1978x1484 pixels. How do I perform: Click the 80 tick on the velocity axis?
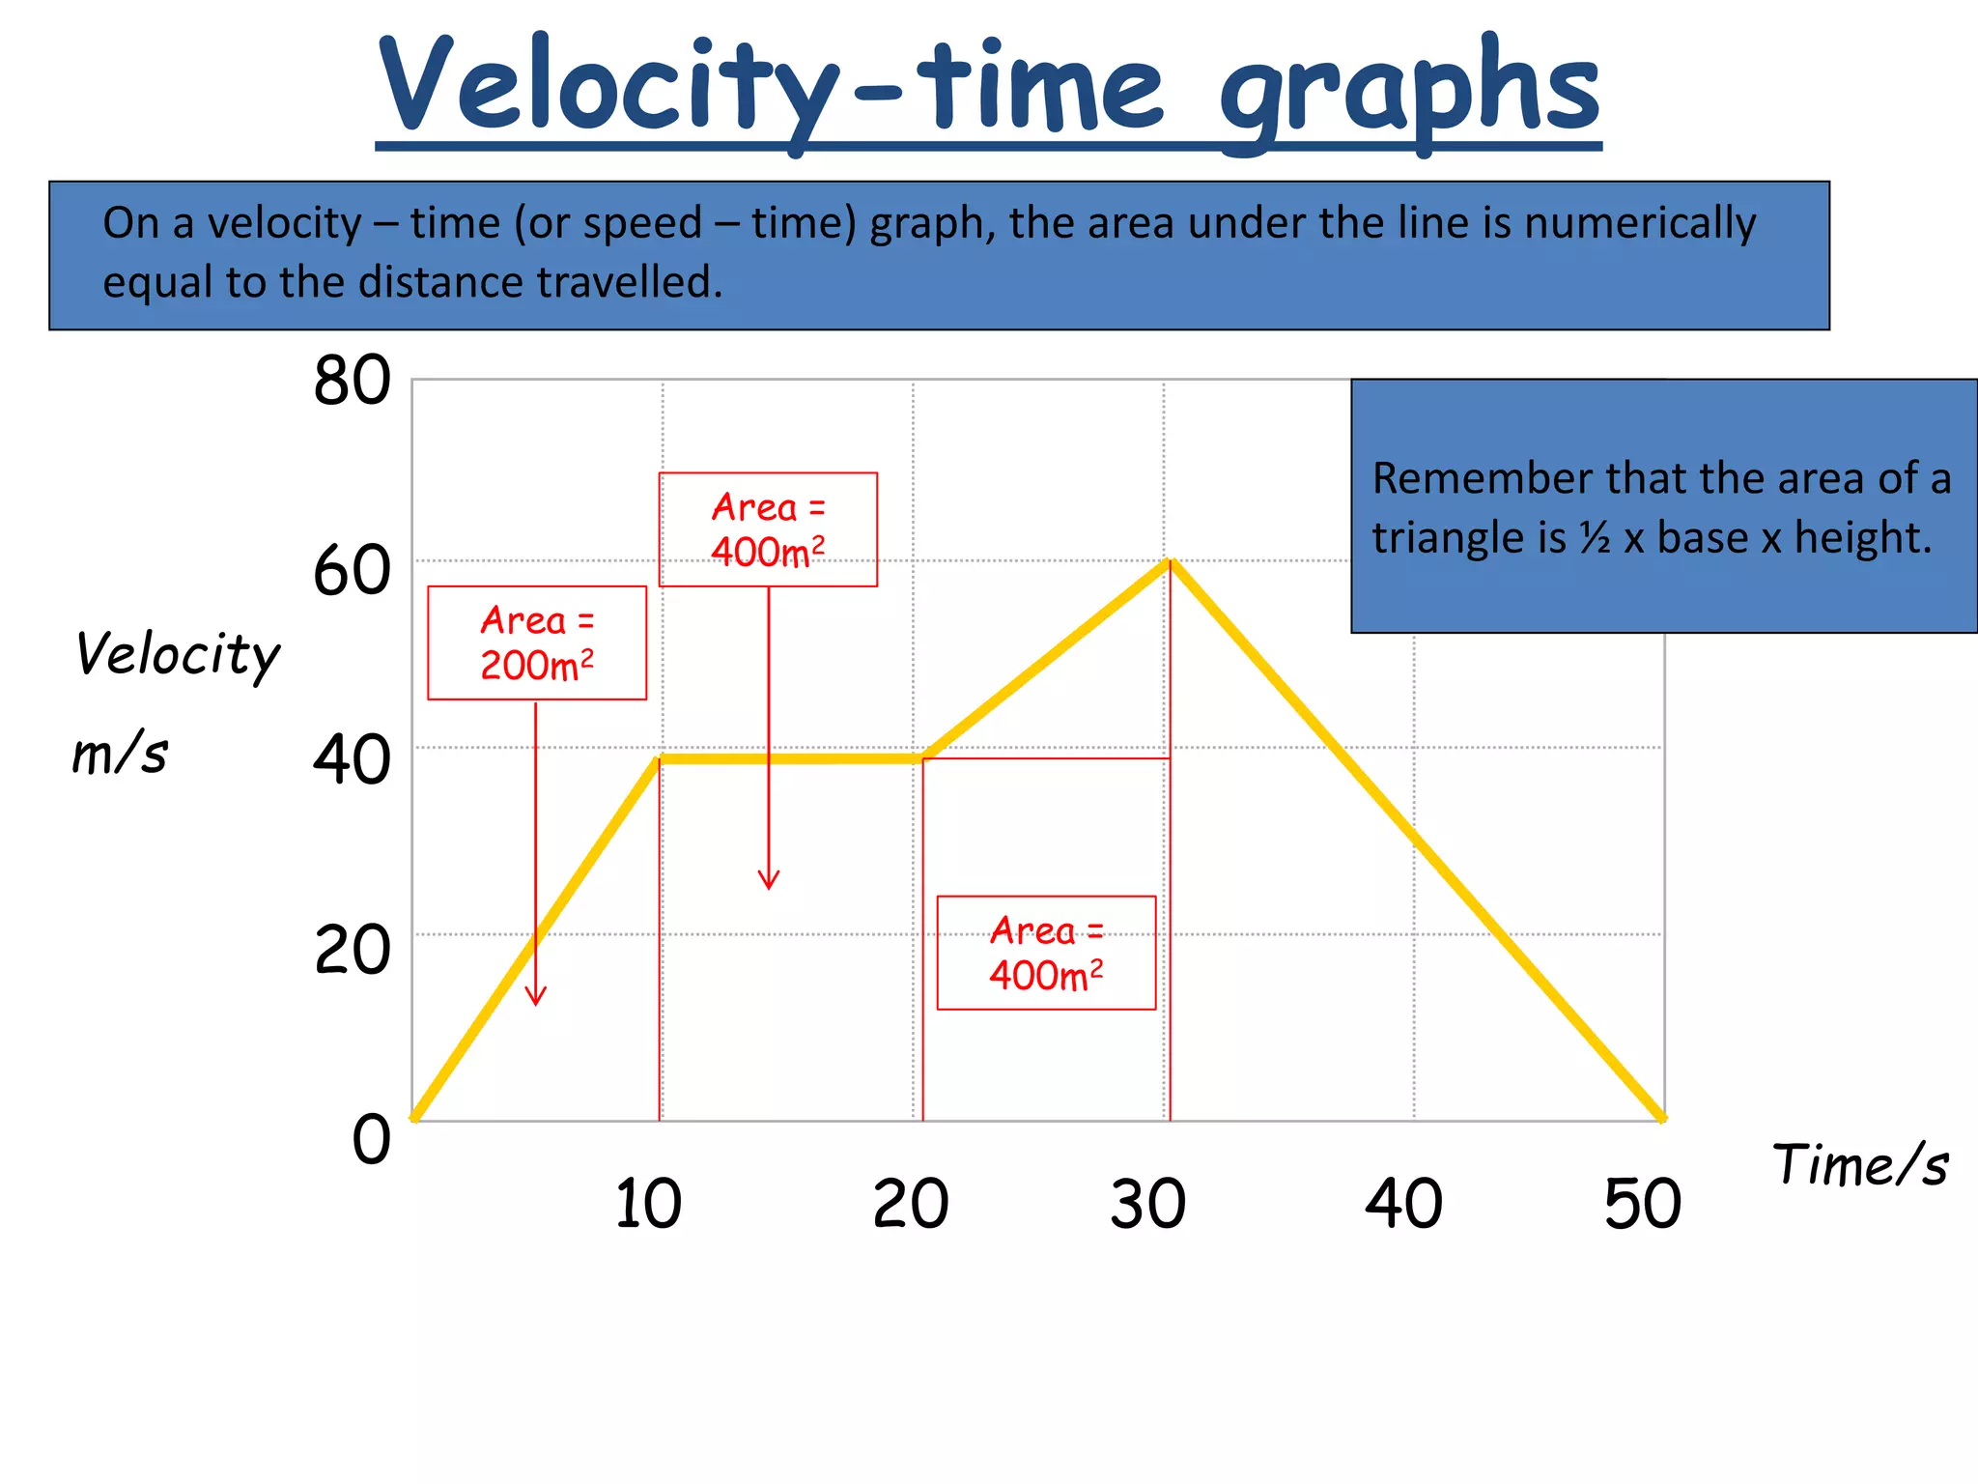point(352,381)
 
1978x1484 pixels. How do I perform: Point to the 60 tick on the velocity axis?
point(352,571)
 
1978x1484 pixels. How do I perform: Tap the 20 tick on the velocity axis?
point(352,950)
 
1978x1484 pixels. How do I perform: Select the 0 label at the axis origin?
point(371,1139)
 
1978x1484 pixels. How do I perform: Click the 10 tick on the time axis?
point(648,1204)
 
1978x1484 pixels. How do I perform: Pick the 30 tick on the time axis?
point(1147,1204)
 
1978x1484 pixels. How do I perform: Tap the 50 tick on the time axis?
point(1642,1204)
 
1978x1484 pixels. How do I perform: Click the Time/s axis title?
point(1860,1165)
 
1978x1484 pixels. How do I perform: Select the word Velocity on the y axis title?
point(178,655)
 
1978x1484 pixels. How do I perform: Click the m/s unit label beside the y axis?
point(121,754)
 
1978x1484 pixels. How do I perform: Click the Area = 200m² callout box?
point(537,642)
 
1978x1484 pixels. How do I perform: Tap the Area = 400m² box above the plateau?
point(768,529)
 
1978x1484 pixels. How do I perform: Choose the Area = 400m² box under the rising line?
point(1046,953)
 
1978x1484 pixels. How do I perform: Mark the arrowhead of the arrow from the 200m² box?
point(536,1000)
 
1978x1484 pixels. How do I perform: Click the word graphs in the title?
point(1409,92)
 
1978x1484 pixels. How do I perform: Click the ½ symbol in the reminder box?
point(1595,538)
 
